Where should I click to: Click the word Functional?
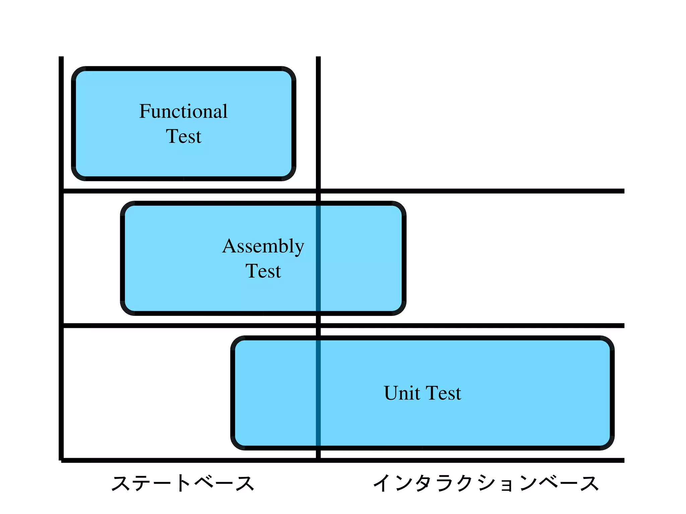point(183,111)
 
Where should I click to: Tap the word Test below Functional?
point(184,136)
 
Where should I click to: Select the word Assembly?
point(263,246)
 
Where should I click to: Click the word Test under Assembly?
point(263,271)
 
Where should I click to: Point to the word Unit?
point(402,393)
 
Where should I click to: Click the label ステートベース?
point(183,483)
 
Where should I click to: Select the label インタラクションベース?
point(486,483)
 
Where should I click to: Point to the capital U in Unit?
point(391,393)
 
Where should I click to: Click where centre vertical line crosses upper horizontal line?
point(318,191)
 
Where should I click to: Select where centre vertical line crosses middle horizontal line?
point(318,326)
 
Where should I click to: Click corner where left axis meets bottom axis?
point(61,460)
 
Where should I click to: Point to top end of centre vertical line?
point(318,58)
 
